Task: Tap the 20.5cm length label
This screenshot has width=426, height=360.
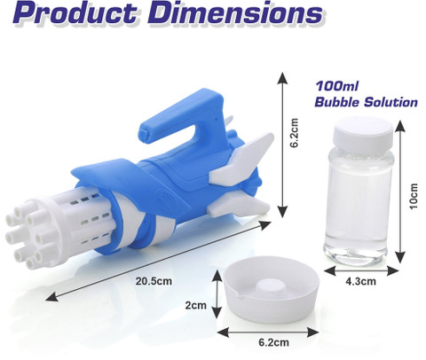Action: pos(154,281)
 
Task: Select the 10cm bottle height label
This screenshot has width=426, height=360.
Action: pos(414,196)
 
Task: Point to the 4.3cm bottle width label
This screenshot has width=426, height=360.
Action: pos(361,281)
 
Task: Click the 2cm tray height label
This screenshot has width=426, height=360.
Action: pos(196,305)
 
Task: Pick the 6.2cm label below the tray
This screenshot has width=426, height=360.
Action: pos(273,342)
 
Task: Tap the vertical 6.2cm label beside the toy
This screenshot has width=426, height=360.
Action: pos(294,133)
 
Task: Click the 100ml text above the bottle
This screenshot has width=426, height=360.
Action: pos(336,86)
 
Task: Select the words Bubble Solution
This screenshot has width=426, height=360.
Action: pos(366,102)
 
